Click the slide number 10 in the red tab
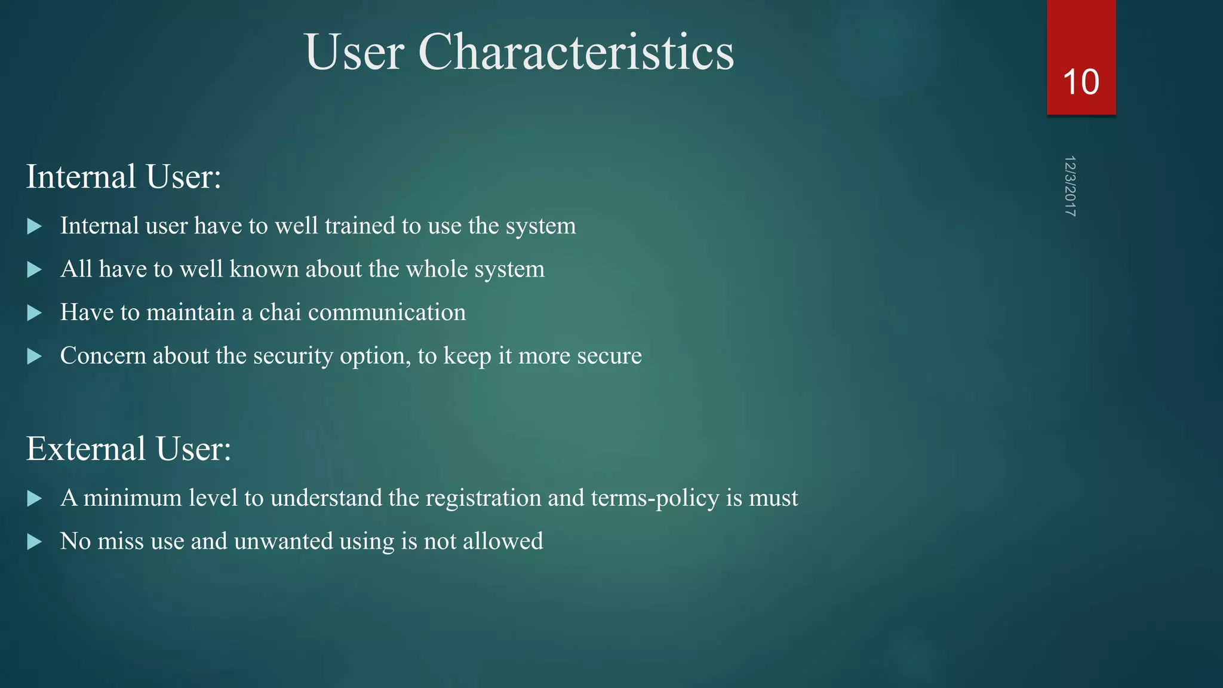coord(1081,82)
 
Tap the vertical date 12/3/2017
coord(1070,186)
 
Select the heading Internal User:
coord(124,177)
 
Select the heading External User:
coord(128,449)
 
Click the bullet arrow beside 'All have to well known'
coord(35,269)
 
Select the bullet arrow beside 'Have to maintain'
coord(35,313)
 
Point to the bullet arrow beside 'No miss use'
coord(35,542)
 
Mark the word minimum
coord(133,497)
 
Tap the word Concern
coord(103,356)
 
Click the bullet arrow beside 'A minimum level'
coord(35,498)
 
